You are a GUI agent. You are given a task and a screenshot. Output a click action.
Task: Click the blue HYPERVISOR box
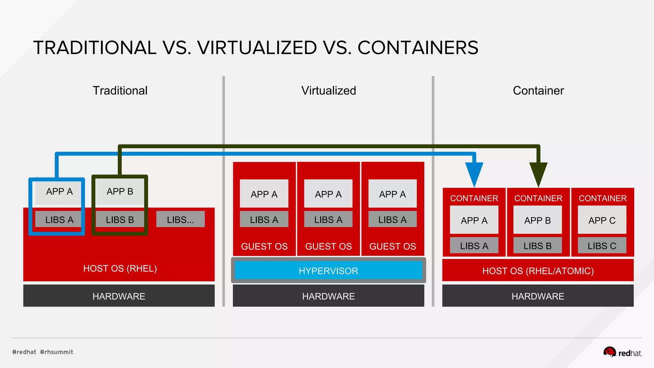coord(328,271)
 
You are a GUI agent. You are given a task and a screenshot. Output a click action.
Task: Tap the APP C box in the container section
coord(602,220)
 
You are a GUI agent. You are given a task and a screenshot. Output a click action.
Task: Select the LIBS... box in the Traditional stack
coord(180,219)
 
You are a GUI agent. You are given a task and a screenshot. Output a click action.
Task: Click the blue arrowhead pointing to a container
coord(474,173)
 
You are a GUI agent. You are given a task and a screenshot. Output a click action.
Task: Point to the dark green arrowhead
coord(538,173)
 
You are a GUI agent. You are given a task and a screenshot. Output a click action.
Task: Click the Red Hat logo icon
coord(609,352)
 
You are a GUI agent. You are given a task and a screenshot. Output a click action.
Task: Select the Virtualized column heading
coord(328,91)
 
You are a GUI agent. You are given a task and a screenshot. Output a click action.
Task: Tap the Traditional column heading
coord(120,91)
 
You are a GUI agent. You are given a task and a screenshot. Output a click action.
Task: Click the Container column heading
coord(538,91)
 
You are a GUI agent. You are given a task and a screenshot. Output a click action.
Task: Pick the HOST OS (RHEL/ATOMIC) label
coord(538,271)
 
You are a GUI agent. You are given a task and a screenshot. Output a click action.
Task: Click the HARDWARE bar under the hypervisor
coord(328,296)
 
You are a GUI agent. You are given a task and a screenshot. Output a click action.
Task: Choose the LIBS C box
coord(602,246)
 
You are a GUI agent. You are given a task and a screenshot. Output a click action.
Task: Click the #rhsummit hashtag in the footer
coord(57,352)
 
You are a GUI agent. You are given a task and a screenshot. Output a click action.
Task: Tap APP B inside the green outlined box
coord(120,192)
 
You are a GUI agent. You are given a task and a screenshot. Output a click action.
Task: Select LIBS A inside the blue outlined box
coord(59,219)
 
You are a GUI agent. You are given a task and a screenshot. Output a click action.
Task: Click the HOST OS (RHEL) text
coord(120,268)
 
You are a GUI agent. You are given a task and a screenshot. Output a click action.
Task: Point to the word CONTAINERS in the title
coord(418,48)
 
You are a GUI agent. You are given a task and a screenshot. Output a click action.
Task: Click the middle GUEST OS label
coord(328,246)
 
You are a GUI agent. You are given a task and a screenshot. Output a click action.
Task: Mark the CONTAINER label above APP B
coord(538,198)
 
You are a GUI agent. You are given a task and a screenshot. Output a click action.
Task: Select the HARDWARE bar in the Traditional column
coord(119,296)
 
